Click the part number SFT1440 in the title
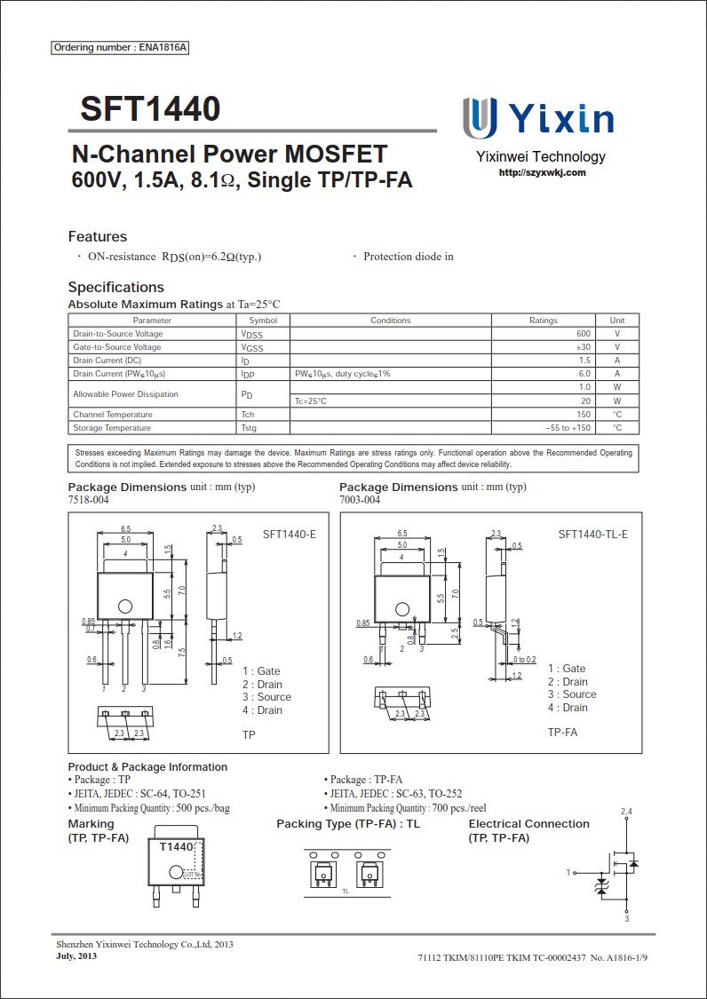[150, 109]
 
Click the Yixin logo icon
[480, 118]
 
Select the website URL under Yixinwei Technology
[542, 172]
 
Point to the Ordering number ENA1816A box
[121, 47]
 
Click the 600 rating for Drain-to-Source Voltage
[583, 334]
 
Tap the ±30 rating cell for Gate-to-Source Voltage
[583, 347]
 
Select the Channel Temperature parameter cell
[113, 415]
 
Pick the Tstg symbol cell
[249, 428]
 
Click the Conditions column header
[390, 321]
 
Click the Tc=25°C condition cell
[311, 401]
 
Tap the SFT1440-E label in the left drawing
[290, 535]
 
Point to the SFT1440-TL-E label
[592, 535]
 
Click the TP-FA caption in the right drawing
[562, 732]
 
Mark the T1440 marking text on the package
[177, 847]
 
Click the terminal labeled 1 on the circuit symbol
[568, 873]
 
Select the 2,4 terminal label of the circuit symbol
[626, 812]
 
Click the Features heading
[98, 236]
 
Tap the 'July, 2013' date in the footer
[76, 956]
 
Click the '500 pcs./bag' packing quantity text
[203, 808]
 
